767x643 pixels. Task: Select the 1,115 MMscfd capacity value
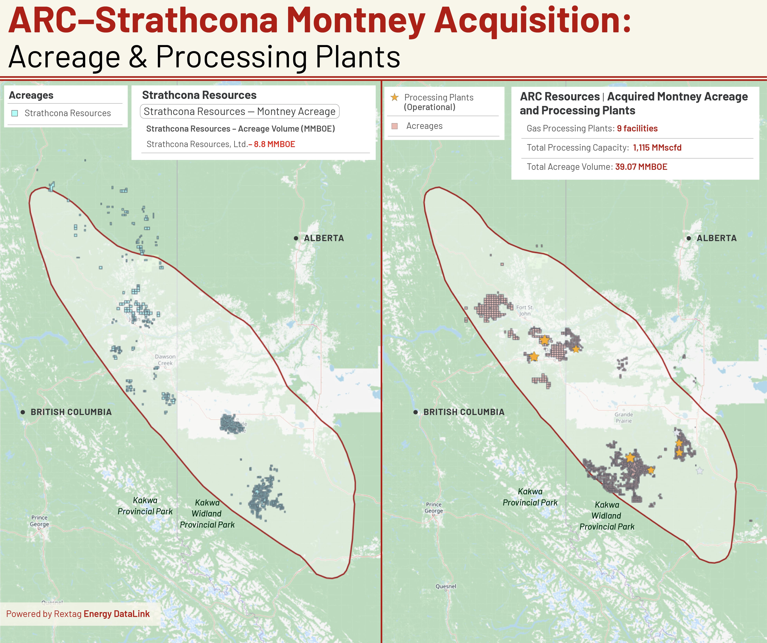[x=657, y=148]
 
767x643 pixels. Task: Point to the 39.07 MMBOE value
[x=641, y=167]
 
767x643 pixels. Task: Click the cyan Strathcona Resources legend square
[x=15, y=113]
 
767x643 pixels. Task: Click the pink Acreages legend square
[x=394, y=126]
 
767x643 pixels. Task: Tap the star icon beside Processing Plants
[x=394, y=97]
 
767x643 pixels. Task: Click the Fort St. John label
[x=525, y=311]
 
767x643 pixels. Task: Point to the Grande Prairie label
[x=624, y=418]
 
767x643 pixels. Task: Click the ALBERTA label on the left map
[x=324, y=238]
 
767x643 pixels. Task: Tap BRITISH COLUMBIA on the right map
[x=463, y=412]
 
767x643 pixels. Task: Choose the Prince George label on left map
[x=39, y=521]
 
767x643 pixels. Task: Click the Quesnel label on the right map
[x=446, y=586]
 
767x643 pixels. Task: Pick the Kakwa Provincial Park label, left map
[x=145, y=506]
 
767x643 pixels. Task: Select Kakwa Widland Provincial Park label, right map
[x=607, y=516]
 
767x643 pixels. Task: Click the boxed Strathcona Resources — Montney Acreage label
[x=240, y=111]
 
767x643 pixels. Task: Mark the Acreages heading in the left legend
[x=31, y=95]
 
